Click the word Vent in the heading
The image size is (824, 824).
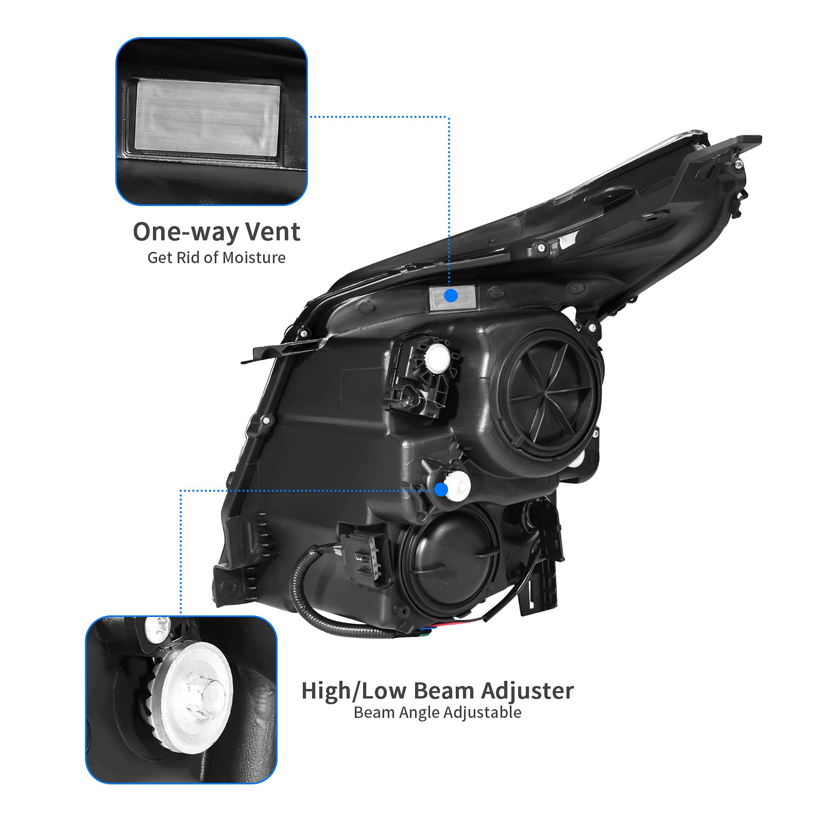pos(272,232)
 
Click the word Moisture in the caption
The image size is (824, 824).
pos(254,257)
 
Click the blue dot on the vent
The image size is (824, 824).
pos(451,296)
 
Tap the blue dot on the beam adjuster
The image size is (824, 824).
pos(441,490)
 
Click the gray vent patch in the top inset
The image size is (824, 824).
pos(208,118)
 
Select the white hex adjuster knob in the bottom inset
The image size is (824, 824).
pos(195,691)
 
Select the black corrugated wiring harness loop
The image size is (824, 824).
pos(314,608)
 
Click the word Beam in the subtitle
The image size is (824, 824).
pos(375,713)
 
